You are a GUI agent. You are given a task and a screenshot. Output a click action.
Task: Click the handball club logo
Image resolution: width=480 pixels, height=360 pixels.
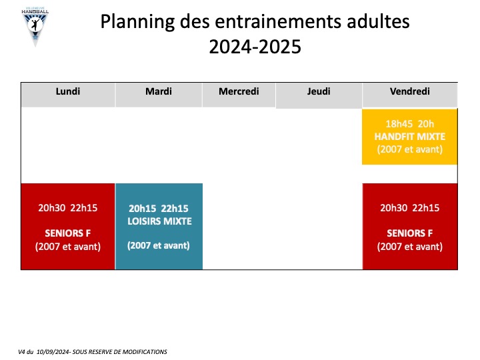[35, 27]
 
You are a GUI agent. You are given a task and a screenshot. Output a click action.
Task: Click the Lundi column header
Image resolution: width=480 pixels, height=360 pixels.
[68, 91]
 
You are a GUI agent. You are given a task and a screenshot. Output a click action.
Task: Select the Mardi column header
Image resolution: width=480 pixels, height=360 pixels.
[159, 91]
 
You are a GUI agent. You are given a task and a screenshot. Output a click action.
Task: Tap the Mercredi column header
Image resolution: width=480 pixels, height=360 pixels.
[239, 91]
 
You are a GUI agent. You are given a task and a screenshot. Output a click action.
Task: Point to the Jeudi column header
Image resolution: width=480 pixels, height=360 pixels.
[319, 91]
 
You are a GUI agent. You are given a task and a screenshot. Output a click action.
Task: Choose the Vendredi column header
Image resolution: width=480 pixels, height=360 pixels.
[410, 91]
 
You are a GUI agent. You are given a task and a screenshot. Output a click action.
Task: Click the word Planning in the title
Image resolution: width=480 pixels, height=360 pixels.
[138, 22]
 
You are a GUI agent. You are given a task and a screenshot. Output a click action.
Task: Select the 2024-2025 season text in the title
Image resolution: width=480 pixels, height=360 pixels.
[255, 47]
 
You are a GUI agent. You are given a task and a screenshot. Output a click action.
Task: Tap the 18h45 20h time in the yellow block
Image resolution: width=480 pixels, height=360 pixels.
[410, 124]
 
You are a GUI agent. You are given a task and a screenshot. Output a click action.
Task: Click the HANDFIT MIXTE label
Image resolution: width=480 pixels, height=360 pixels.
[410, 137]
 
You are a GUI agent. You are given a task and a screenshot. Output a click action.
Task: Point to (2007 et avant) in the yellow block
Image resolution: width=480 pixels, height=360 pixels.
[410, 149]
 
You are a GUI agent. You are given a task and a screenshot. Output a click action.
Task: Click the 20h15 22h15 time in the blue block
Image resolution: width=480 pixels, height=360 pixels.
[159, 209]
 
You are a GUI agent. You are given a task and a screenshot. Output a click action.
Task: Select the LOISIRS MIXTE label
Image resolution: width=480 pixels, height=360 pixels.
[159, 221]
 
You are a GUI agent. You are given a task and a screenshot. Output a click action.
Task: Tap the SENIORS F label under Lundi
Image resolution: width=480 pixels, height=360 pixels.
[68, 233]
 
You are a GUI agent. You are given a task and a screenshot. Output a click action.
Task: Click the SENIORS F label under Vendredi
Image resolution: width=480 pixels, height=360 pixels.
[410, 233]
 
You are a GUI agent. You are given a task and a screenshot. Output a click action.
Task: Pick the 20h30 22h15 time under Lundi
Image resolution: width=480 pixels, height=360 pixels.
[68, 208]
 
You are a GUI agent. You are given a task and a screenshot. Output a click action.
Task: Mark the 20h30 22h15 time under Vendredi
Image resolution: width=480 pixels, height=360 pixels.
[410, 208]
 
